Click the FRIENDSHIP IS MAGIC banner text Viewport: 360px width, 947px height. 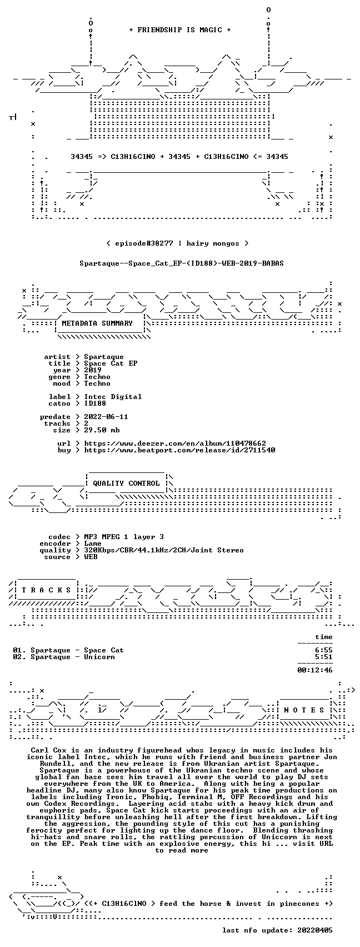tap(180, 30)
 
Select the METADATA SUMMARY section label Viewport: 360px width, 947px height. tap(97, 323)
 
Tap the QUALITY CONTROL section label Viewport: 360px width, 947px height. tap(126, 483)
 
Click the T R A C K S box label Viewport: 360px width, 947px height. tap(46, 590)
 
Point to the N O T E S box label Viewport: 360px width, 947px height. tap(304, 710)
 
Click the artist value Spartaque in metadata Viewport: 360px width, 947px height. tap(104, 357)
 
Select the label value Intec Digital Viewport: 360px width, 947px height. tap(113, 397)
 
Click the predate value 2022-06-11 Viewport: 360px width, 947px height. tap(106, 417)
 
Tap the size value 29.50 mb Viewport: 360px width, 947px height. tap(102, 430)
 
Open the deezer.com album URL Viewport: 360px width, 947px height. tap(175, 443)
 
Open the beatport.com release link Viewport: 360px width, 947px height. tap(179, 450)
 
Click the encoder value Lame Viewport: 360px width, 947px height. tap(93, 544)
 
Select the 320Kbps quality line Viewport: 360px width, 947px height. tap(164, 550)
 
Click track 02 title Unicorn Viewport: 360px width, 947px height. tap(99, 657)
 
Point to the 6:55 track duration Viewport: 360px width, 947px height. tap(324, 650)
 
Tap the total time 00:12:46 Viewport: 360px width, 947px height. tap(315, 670)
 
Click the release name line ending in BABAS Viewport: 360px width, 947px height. tap(182, 263)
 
